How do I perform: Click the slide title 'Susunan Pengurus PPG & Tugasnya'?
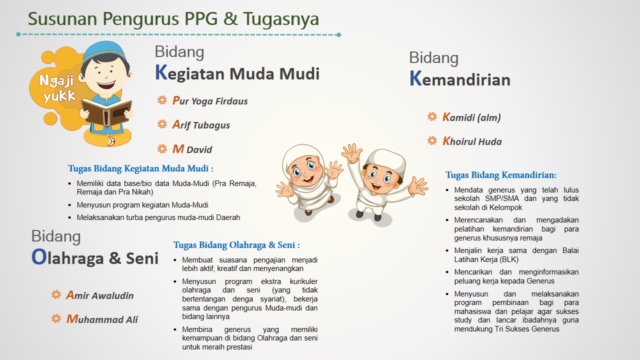[173, 19]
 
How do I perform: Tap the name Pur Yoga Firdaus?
[210, 101]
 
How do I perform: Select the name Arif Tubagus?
[201, 125]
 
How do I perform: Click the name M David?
[192, 149]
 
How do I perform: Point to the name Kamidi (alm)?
[471, 117]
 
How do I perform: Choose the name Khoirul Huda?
[472, 141]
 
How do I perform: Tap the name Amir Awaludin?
[100, 295]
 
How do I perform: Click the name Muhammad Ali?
[102, 319]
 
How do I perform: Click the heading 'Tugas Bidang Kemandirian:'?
[501, 175]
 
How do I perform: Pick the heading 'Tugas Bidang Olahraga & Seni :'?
[236, 245]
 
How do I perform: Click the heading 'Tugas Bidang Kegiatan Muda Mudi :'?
[141, 168]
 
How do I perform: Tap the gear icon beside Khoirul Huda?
[432, 141]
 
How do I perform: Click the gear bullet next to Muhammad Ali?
[56, 319]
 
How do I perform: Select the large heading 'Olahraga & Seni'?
[95, 258]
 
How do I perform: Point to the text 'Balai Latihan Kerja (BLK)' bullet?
[516, 255]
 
